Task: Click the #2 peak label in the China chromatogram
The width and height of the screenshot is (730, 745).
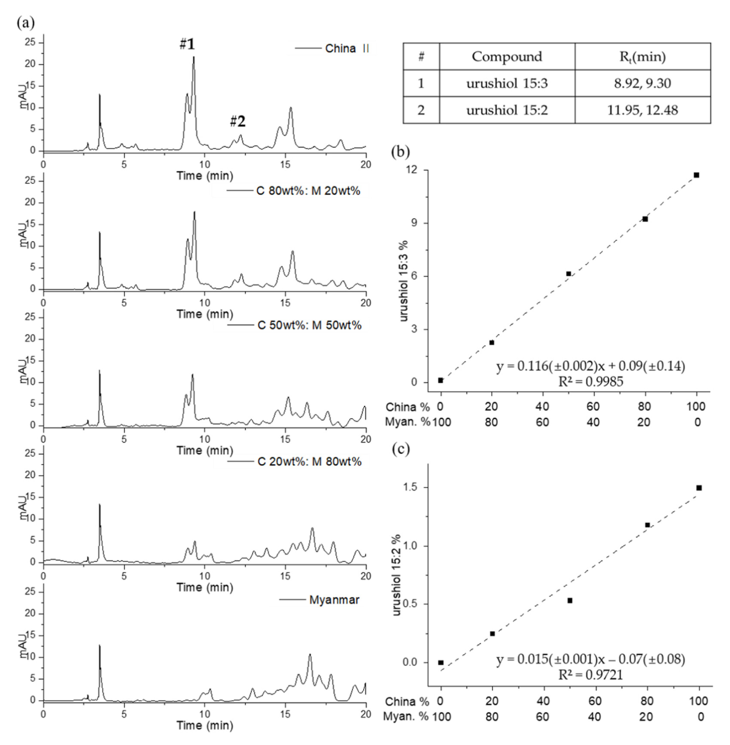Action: pos(238,122)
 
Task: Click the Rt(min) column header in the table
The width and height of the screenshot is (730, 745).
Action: pos(642,57)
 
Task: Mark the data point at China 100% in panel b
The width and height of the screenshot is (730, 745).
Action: pos(696,175)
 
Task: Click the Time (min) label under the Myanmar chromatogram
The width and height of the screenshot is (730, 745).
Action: pos(205,725)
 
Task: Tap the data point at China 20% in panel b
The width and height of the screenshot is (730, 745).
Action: pos(491,343)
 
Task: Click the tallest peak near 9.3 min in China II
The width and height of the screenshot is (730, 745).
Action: pos(194,57)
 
